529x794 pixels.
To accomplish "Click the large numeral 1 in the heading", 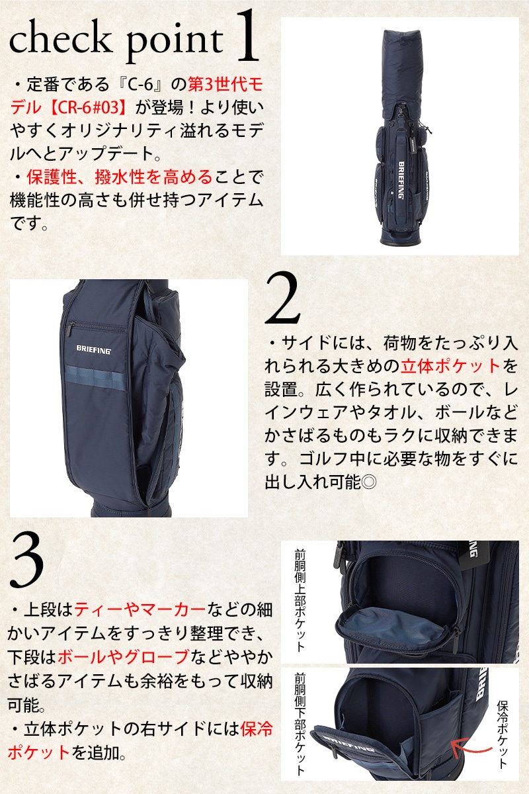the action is tap(247, 36).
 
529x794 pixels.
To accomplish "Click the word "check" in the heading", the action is tap(60, 40).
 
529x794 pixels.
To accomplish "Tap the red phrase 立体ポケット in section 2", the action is tap(450, 366).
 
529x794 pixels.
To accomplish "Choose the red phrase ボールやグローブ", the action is tap(124, 657).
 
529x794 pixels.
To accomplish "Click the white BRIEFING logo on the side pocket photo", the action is tap(93, 349).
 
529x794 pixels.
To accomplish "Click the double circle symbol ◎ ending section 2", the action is tap(368, 482).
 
